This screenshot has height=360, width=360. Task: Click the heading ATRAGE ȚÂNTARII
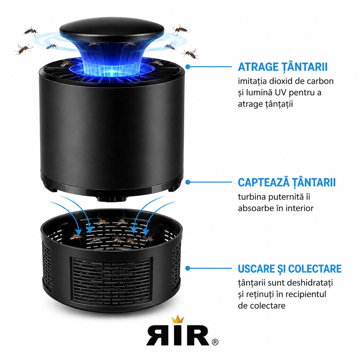pyautogui.click(x=282, y=67)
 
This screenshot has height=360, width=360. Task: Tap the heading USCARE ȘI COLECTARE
pyautogui.click(x=290, y=269)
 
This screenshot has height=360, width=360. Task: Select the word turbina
pyautogui.click(x=252, y=197)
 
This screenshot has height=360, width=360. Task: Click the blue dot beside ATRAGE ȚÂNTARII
pyautogui.click(x=188, y=67)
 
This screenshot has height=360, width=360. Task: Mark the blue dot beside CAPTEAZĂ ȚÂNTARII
pyautogui.click(x=188, y=182)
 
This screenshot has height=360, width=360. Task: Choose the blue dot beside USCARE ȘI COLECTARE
pyautogui.click(x=188, y=268)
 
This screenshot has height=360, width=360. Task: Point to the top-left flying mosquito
pyautogui.click(x=31, y=31)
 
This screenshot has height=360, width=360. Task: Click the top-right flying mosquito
pyautogui.click(x=181, y=30)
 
